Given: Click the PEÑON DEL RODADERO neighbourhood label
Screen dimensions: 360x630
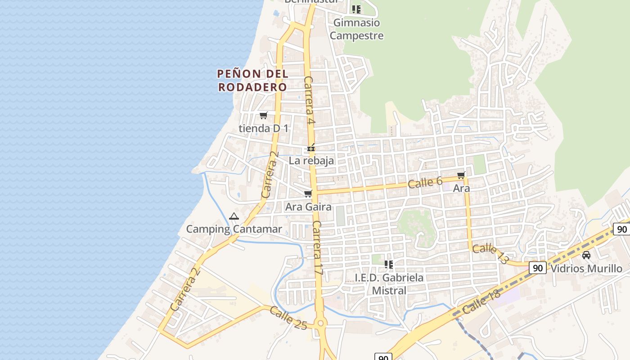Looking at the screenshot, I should tap(252, 80).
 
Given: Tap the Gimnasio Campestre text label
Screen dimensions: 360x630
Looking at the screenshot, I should tap(356, 29).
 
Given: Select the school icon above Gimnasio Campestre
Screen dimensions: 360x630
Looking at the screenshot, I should tap(356, 9).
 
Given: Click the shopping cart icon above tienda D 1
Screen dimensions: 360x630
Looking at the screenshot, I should tap(264, 116).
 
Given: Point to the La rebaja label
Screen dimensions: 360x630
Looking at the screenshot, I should tap(311, 161).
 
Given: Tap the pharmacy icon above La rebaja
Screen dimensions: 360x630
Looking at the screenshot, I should tap(311, 148).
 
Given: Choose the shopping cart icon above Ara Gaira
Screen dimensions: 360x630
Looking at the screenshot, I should tap(308, 194).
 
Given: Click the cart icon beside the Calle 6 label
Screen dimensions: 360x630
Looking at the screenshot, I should tap(461, 175).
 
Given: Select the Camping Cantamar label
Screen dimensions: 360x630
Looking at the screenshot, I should tap(234, 229).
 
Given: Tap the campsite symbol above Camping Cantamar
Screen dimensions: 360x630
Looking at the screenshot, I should tap(234, 216).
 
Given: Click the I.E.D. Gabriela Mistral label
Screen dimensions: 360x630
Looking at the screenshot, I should tap(389, 284).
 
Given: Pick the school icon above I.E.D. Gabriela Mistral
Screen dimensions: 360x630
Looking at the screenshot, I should tap(389, 265).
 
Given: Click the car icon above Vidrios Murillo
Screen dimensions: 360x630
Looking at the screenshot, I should tap(586, 255).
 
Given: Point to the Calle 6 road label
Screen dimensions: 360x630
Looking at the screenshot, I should tap(425, 182).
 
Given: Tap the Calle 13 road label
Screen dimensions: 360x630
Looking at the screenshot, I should tap(490, 253).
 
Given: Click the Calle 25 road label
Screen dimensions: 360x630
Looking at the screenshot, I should tap(288, 317).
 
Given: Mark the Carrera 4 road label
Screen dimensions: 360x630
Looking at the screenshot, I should tap(309, 100).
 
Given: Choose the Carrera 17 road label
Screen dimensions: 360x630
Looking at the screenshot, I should tap(318, 248).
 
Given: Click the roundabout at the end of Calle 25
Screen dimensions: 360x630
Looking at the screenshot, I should tap(320, 323).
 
